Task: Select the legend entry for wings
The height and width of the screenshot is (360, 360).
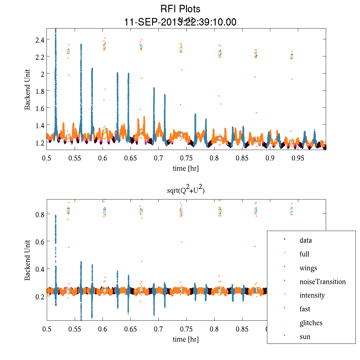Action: (x=308, y=268)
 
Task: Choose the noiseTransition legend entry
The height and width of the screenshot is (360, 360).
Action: (x=322, y=282)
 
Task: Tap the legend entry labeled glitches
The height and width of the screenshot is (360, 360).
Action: (x=311, y=323)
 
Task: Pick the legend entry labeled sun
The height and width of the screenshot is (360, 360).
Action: (x=305, y=337)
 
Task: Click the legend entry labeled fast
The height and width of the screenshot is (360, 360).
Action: (x=305, y=309)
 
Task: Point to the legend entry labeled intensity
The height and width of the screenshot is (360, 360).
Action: (x=312, y=295)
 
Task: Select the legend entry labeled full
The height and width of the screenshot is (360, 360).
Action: (x=304, y=254)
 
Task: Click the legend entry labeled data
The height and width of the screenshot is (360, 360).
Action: (x=305, y=241)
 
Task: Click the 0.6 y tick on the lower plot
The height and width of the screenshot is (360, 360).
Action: (x=40, y=242)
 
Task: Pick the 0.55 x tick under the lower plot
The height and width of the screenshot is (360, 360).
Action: (x=75, y=329)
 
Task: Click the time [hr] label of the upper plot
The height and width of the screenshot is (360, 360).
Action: (x=186, y=168)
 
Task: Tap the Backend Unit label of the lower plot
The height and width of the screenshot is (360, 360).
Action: (x=28, y=260)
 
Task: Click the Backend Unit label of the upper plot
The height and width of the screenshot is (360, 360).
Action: (x=28, y=89)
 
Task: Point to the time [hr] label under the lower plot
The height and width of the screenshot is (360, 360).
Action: (x=186, y=339)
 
